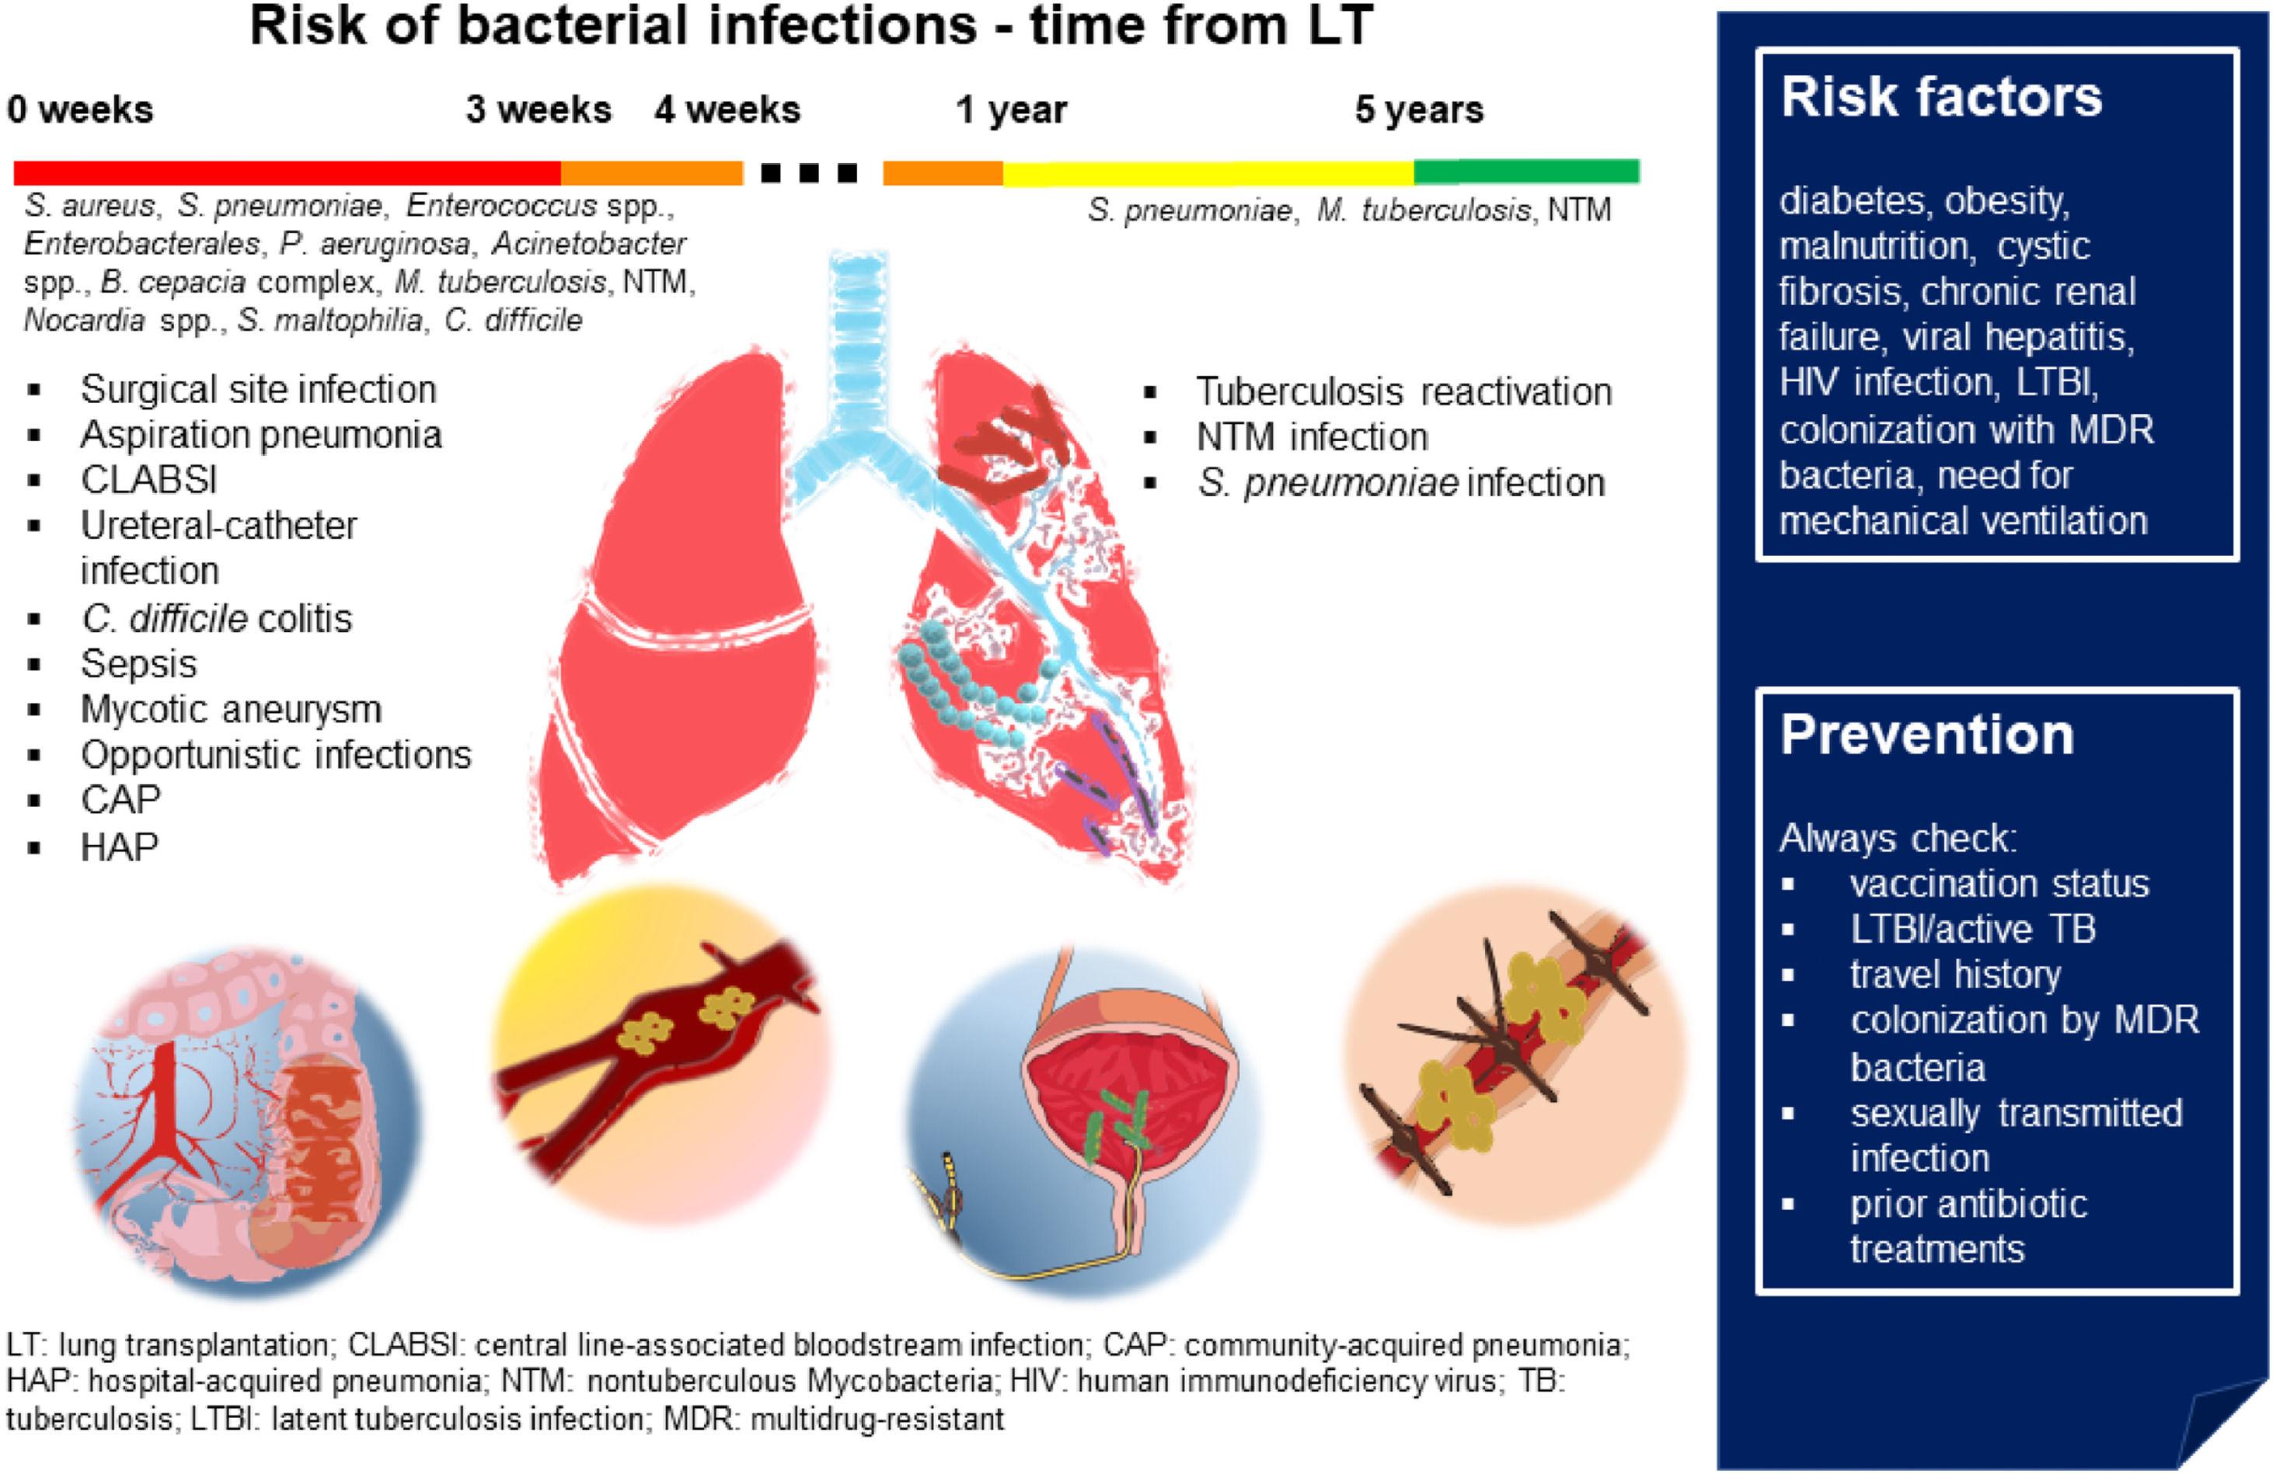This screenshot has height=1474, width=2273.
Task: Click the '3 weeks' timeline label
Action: pyautogui.click(x=539, y=110)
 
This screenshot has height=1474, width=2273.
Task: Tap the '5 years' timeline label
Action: pyautogui.click(x=1419, y=110)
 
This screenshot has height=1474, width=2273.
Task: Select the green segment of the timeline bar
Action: pyautogui.click(x=1526, y=171)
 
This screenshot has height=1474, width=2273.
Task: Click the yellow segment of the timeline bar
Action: pyautogui.click(x=1208, y=172)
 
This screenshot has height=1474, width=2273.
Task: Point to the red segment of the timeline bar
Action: pyautogui.click(x=287, y=172)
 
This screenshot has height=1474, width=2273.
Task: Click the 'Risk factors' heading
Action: pyautogui.click(x=1940, y=96)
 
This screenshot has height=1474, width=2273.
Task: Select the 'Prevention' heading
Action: pyautogui.click(x=1926, y=735)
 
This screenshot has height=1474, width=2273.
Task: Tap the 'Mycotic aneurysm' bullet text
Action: pyautogui.click(x=231, y=709)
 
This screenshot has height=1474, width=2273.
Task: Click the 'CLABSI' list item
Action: pyautogui.click(x=150, y=480)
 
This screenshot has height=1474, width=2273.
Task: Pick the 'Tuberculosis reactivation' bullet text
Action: pyautogui.click(x=1404, y=391)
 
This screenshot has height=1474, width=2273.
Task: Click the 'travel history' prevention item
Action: pyautogui.click(x=1955, y=975)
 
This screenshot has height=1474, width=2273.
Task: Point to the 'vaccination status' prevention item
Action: pyautogui.click(x=1999, y=883)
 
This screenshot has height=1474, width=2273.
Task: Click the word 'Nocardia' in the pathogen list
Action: pyautogui.click(x=85, y=320)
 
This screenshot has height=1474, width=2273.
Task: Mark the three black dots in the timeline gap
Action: pyautogui.click(x=810, y=172)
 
